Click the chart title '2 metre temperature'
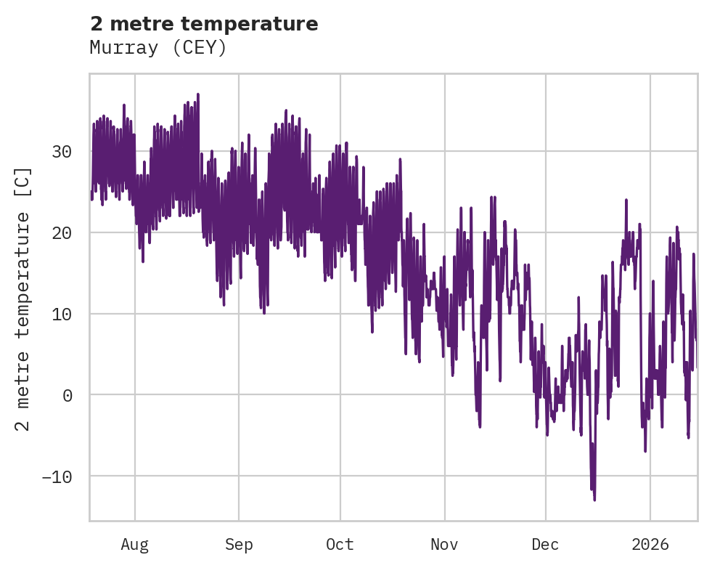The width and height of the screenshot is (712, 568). (204, 24)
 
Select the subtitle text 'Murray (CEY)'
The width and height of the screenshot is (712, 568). (158, 48)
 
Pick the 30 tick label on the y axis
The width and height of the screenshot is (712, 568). (62, 152)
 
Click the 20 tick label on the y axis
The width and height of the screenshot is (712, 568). (62, 233)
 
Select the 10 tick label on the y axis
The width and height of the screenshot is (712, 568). (62, 315)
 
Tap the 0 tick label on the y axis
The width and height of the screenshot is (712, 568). (67, 396)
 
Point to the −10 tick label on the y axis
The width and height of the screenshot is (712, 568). (57, 476)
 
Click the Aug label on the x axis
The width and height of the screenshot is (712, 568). (134, 545)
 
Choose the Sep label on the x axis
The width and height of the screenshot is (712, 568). (238, 545)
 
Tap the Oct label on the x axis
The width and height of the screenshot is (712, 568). (340, 545)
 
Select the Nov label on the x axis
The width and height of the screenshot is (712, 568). (444, 545)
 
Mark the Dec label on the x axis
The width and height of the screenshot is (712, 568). (545, 545)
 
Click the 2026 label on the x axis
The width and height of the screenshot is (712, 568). (650, 545)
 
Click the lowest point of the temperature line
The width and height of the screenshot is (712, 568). (594, 500)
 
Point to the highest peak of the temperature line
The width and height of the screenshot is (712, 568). (197, 94)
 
